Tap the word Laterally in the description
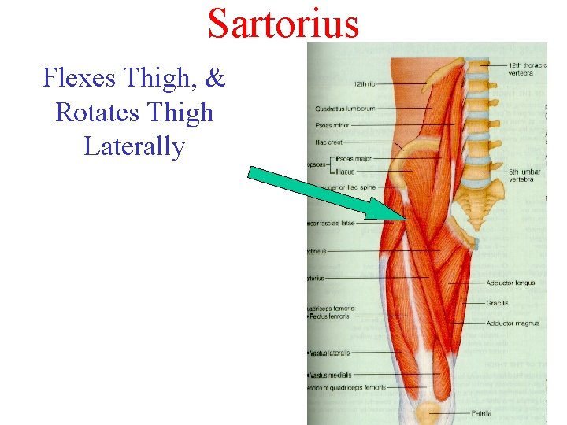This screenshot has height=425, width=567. click(134, 146)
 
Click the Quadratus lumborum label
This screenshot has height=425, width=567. click(344, 109)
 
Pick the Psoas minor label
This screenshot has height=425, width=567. click(334, 124)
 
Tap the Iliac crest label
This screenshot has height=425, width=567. click(328, 142)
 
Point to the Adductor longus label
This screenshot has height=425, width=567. click(510, 283)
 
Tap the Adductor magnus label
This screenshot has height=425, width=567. click(512, 323)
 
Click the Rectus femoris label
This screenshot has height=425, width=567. click(331, 316)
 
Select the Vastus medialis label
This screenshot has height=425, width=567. click(332, 375)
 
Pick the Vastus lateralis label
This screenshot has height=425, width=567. click(331, 353)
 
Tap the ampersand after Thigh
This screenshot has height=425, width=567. click(216, 78)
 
